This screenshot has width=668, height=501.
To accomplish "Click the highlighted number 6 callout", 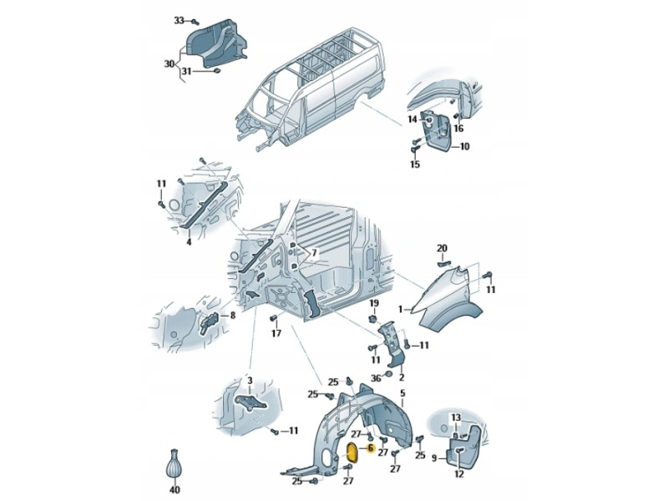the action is click(370, 448).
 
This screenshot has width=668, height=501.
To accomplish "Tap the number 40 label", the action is click(175, 490).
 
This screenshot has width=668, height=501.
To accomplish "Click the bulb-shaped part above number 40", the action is click(174, 466).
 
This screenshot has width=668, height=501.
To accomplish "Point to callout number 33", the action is click(179, 20).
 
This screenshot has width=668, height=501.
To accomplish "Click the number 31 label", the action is click(186, 72).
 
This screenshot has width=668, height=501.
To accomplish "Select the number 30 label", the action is click(170, 64).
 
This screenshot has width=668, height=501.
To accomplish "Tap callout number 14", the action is click(412, 119).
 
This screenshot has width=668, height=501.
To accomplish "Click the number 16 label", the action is click(458, 129).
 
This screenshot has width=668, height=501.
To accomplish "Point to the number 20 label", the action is click(443, 248).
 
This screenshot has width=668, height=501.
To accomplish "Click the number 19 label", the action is click(373, 303).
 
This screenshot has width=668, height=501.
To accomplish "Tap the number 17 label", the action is click(276, 333).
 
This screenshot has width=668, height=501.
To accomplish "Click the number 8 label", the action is click(233, 316).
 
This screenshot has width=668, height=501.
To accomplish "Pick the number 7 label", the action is click(314, 253).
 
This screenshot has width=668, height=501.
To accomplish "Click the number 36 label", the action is click(376, 378).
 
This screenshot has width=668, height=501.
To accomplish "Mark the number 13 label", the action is click(456, 417).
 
